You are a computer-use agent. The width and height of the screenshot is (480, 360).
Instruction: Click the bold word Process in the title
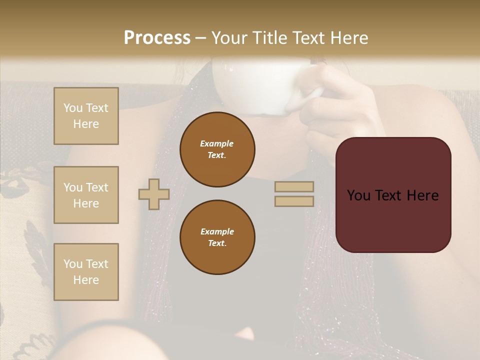click(x=157, y=38)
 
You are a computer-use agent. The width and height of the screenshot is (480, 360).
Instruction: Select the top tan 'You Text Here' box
click(x=86, y=116)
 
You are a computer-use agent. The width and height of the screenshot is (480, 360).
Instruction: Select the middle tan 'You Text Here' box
click(x=86, y=195)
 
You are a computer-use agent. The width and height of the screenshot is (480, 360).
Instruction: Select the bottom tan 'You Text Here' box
click(x=86, y=272)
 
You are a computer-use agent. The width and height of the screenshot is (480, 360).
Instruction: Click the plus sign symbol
click(x=153, y=194)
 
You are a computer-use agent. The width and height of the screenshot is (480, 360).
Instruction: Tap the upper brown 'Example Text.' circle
click(x=217, y=149)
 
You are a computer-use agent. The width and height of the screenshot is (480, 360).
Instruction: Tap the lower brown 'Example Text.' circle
click(x=217, y=237)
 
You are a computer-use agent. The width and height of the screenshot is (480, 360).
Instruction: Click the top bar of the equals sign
click(x=294, y=186)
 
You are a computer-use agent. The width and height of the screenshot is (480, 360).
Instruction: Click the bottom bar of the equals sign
click(x=294, y=201)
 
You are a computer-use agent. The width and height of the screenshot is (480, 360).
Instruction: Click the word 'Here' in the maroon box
click(x=422, y=195)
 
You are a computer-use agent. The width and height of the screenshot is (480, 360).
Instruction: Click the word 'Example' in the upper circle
click(x=216, y=143)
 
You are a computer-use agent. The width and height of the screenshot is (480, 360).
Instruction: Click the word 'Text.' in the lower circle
click(x=217, y=243)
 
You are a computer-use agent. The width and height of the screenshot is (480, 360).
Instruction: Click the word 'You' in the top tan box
click(x=73, y=108)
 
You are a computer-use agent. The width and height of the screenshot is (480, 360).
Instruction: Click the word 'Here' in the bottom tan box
click(x=86, y=280)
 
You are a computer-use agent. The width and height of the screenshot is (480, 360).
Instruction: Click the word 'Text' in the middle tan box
click(x=96, y=187)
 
